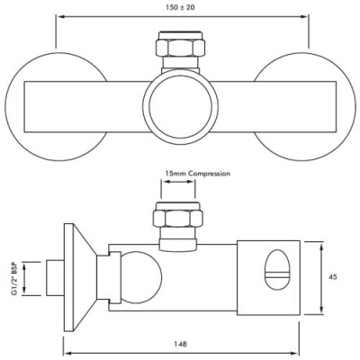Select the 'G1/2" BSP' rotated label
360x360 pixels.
pos(11,278)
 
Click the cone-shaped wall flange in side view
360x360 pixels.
pos(85,274)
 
